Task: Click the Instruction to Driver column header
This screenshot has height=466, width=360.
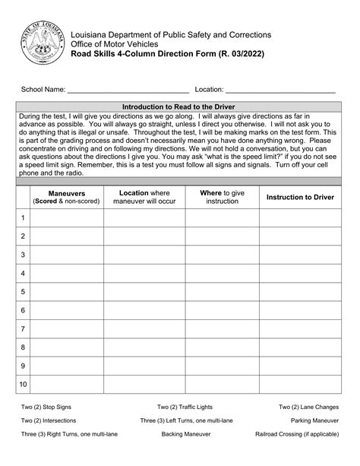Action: [x=300, y=198]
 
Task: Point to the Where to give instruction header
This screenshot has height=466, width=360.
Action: [x=222, y=198]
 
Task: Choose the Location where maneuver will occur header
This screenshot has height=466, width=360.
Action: [x=144, y=198]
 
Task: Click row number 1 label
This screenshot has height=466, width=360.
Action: [x=23, y=218]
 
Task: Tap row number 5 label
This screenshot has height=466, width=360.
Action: [x=23, y=292]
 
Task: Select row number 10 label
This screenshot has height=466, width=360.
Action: [x=23, y=385]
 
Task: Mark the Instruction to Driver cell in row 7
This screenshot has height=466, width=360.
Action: [x=300, y=329]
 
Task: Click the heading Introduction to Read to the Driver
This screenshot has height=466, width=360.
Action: [x=179, y=106]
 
